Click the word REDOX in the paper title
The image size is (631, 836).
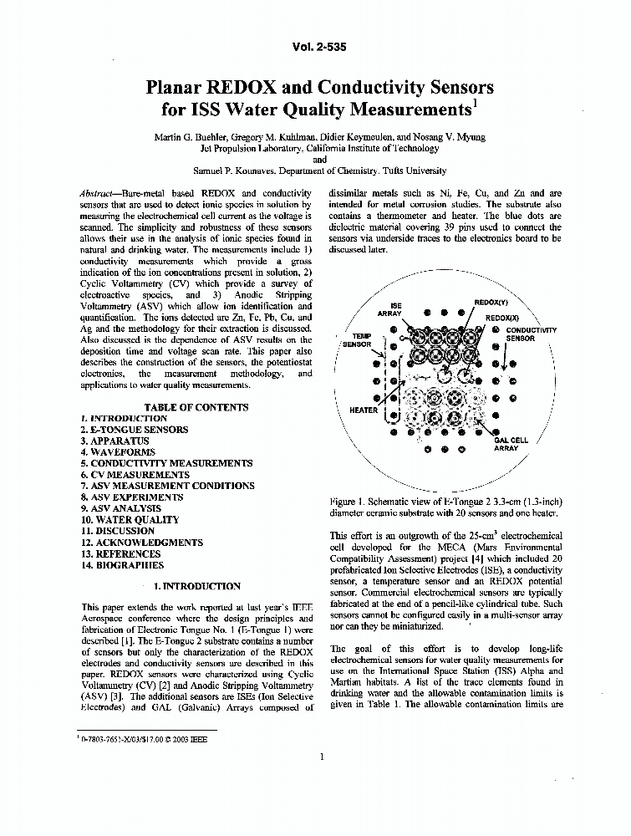click(232, 87)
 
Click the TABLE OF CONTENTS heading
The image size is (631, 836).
click(196, 407)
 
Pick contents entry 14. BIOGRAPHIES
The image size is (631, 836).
click(123, 565)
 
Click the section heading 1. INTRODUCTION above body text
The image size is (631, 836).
click(197, 586)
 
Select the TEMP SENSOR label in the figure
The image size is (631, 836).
click(357, 339)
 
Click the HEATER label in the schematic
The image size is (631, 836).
click(364, 410)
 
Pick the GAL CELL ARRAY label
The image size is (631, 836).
click(510, 444)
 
